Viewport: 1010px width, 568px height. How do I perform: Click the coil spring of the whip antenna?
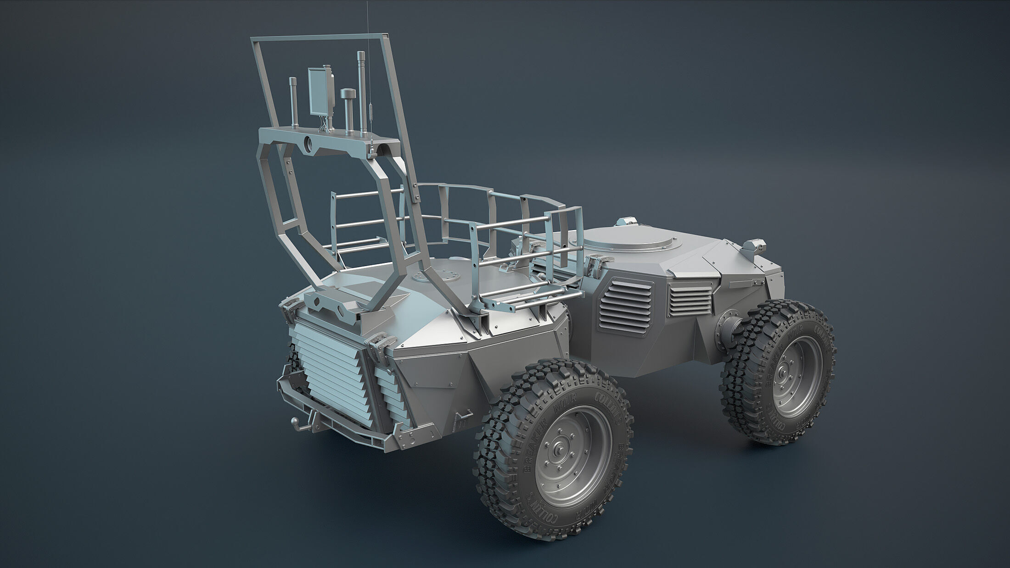click(x=370, y=117)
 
